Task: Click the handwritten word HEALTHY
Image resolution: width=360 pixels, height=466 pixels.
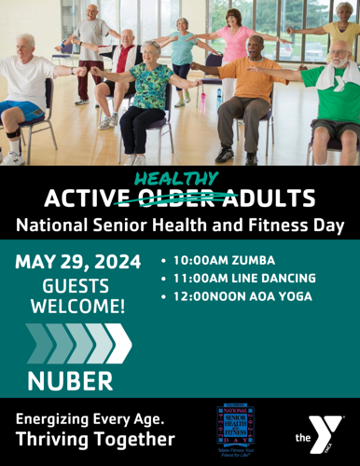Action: pos(176,178)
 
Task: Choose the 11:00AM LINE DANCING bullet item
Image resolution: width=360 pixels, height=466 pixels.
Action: pos(245,278)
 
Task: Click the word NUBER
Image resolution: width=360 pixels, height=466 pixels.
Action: pos(70,379)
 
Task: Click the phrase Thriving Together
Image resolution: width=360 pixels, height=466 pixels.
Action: pos(95,439)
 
